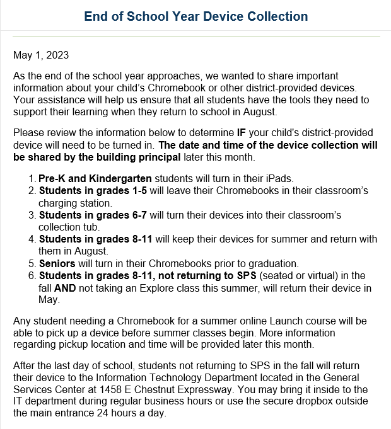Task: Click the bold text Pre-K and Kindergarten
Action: (x=95, y=179)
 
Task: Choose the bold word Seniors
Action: (x=58, y=263)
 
